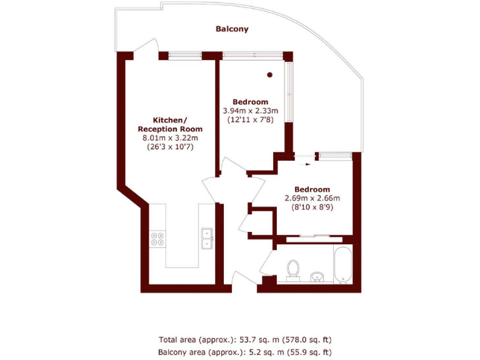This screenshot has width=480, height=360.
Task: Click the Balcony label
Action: pos(232,29)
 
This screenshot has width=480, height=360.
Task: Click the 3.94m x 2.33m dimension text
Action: pos(250,111)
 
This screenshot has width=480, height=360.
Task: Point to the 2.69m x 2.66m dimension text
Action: pos(312,198)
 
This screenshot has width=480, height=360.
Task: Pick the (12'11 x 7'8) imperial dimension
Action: pos(250,120)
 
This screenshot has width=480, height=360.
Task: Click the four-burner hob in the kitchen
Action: pos(157,238)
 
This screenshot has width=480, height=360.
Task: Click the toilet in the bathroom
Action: pos(292,269)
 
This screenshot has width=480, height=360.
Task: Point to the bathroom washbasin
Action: pos(317,276)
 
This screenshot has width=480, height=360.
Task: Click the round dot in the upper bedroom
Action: pos(270,75)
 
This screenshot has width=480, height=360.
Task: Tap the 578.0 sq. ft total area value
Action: pos(306,340)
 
